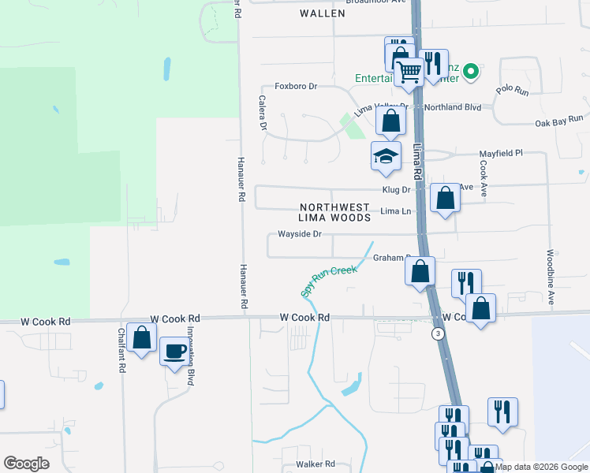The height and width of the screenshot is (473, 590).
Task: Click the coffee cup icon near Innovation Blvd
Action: (174, 350)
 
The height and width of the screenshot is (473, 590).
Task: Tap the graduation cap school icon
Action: (386, 155)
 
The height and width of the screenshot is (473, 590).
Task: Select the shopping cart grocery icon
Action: (409, 72)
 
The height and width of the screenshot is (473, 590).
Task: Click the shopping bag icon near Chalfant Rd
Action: (142, 338)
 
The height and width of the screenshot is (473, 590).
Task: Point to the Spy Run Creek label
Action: (329, 281)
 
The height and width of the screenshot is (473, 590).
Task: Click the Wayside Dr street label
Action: (300, 234)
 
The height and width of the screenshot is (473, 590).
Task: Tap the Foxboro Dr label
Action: (295, 86)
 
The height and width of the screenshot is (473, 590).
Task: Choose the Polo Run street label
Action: (512, 91)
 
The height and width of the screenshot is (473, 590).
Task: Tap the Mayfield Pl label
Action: (502, 154)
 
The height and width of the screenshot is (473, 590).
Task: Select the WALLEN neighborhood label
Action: (323, 13)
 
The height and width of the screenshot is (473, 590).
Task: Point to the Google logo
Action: (26, 464)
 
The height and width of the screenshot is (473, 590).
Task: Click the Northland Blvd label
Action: (452, 106)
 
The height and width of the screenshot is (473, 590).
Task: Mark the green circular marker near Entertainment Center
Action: (471, 73)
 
